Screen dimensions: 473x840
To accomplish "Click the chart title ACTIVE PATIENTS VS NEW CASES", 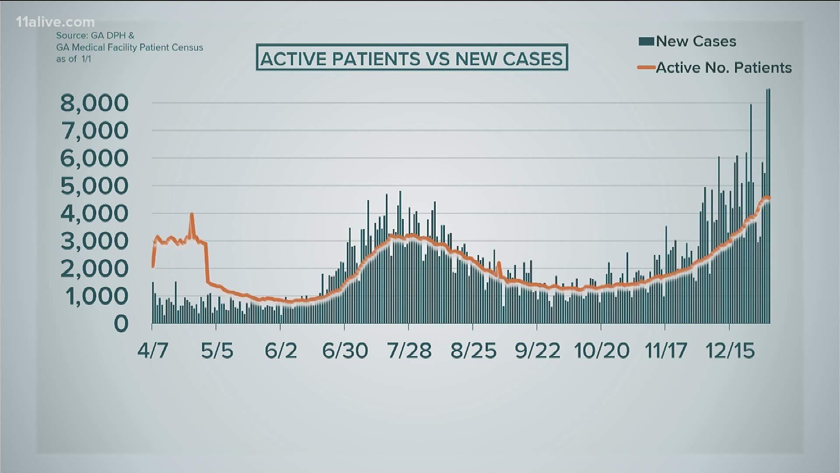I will pyautogui.click(x=412, y=58).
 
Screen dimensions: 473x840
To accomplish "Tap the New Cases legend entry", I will pyautogui.click(x=696, y=42).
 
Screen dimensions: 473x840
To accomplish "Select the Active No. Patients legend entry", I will pyautogui.click(x=724, y=68).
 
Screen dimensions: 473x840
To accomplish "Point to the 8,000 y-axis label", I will pyautogui.click(x=94, y=103).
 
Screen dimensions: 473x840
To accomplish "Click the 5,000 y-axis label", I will pyautogui.click(x=94, y=186).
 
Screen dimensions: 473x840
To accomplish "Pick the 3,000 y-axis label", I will pyautogui.click(x=94, y=241).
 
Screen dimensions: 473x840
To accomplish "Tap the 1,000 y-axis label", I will pyautogui.click(x=97, y=297).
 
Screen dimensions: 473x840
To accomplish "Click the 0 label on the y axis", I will pyautogui.click(x=121, y=324).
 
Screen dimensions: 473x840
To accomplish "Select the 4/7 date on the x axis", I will pyautogui.click(x=153, y=351).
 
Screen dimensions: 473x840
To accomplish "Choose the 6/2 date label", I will pyautogui.click(x=281, y=351).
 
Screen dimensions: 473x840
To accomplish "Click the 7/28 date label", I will pyautogui.click(x=409, y=351).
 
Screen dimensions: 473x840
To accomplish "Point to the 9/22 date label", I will pyautogui.click(x=538, y=351).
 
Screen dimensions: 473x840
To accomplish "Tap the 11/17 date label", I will pyautogui.click(x=666, y=351).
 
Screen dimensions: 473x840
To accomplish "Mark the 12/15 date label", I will pyautogui.click(x=730, y=351).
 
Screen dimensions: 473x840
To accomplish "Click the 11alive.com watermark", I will pyautogui.click(x=55, y=22).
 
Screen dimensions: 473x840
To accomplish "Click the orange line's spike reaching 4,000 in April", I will pyautogui.click(x=192, y=215).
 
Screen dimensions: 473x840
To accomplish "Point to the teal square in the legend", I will pyautogui.click(x=646, y=42).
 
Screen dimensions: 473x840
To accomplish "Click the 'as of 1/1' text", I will pyautogui.click(x=73, y=59).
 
